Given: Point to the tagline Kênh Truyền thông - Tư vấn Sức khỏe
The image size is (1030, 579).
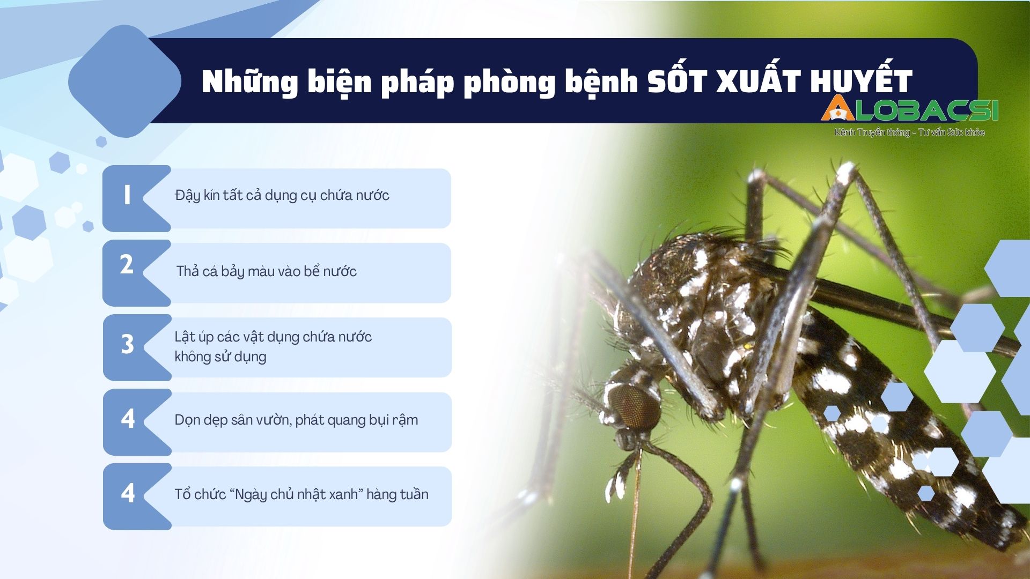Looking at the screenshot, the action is (x=909, y=132).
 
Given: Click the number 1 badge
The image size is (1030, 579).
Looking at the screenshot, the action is (x=127, y=195).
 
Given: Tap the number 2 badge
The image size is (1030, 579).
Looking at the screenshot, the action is (x=127, y=264).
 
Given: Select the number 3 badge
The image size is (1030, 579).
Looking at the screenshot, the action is (x=127, y=344).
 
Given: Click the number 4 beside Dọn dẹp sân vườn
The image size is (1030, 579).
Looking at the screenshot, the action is (x=128, y=419).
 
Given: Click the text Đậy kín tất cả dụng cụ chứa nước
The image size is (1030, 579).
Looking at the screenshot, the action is (x=282, y=196).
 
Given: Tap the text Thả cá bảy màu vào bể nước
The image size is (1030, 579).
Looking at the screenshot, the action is (x=267, y=272).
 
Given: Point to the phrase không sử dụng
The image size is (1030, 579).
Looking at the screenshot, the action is (x=220, y=357).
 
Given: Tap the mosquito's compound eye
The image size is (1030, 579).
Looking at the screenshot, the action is (x=635, y=407).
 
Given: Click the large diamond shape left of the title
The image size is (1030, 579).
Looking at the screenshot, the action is (x=125, y=81).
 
